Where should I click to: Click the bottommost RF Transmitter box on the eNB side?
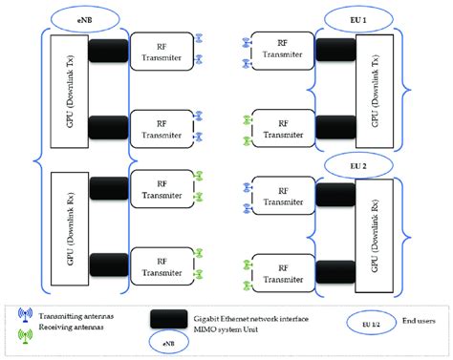coord(160,265)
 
